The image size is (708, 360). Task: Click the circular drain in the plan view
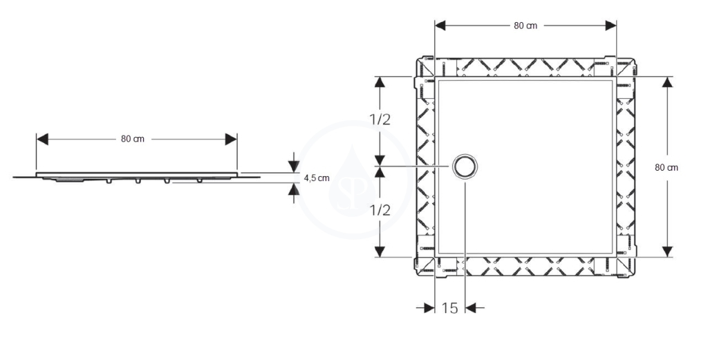465,167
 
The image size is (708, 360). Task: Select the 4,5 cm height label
317,178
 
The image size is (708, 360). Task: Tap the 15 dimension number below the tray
449,308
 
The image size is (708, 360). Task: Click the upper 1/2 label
380,120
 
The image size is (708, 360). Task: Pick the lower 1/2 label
380,210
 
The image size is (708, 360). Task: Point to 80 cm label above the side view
133,139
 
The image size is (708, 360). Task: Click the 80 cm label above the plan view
525,26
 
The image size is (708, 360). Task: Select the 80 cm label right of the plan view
667,167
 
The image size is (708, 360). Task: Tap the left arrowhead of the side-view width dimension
42,140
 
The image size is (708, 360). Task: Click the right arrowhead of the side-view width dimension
231,140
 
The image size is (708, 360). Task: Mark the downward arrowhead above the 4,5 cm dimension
294,167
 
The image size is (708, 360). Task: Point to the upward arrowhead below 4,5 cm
294,189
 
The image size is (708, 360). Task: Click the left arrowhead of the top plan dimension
440,26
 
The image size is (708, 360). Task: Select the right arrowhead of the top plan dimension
611,26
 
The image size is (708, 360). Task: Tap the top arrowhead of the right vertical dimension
667,82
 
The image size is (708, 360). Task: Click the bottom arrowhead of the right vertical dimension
667,252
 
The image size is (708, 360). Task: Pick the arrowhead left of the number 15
429,308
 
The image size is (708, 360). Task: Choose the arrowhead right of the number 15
471,308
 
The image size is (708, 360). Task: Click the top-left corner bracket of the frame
425,66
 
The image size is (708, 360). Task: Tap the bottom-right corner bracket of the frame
626,267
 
